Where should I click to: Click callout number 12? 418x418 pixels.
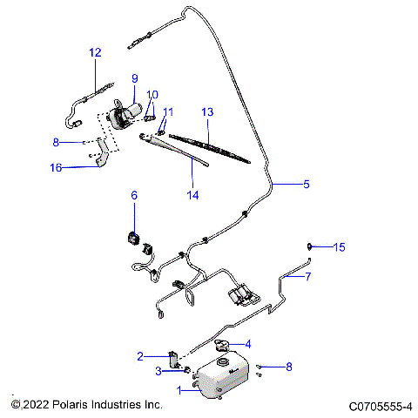coord(95,52)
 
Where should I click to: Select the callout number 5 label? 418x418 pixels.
coord(306,184)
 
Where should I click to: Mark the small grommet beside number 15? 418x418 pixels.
coord(312,246)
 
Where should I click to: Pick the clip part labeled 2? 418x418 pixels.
coord(172,358)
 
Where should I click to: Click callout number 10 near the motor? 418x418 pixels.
coord(152,95)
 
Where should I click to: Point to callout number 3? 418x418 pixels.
coord(158,372)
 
